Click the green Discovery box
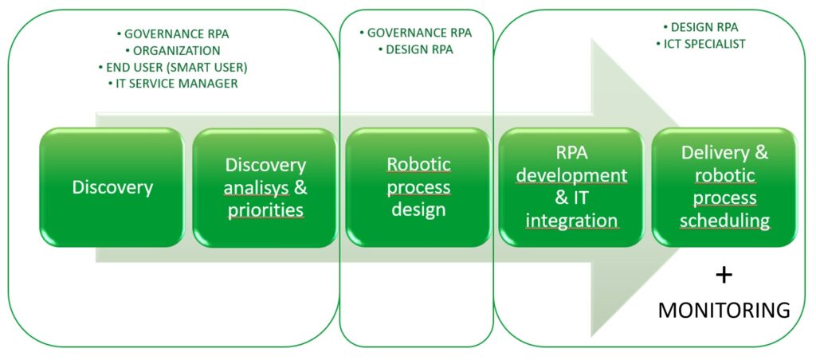pos(112,187)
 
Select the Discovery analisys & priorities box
pos(265,187)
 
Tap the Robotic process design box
pos(418,187)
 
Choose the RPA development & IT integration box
pos(571,187)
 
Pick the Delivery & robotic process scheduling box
pos(724,187)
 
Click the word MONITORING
pos(724,311)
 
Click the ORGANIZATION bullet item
pos(173,50)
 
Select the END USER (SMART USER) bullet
pos(173,67)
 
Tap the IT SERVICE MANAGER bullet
pos(173,84)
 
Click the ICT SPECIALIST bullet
pos(701,44)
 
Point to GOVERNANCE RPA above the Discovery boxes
pos(173,34)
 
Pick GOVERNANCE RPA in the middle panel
pos(416,33)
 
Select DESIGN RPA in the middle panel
pos(416,49)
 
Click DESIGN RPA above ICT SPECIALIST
pos(701,27)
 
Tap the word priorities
pos(265,211)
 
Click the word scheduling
pos(725,221)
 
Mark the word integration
pos(571,221)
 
